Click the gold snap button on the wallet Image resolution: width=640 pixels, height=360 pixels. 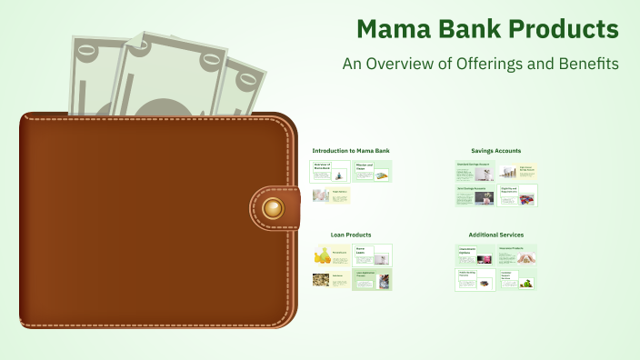click(272, 209)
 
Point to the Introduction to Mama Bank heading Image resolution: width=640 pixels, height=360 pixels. click(350, 150)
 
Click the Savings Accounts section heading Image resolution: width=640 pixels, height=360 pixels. click(495, 150)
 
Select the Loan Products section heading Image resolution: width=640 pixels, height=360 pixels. click(350, 235)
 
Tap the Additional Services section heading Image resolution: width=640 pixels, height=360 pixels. click(495, 235)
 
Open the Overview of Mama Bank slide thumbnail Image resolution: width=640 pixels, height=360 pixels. click(330, 171)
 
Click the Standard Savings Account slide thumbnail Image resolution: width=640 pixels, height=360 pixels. click(475, 170)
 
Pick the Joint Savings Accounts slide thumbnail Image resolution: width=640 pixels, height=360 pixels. click(475, 195)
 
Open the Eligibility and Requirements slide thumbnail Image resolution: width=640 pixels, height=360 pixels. click(517, 195)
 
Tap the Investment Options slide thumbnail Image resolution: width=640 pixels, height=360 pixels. click(475, 255)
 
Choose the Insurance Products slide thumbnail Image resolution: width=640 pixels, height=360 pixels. click(517, 255)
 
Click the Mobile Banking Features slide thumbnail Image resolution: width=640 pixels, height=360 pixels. click(475, 279)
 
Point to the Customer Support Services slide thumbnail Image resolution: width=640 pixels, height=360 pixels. click(517, 279)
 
